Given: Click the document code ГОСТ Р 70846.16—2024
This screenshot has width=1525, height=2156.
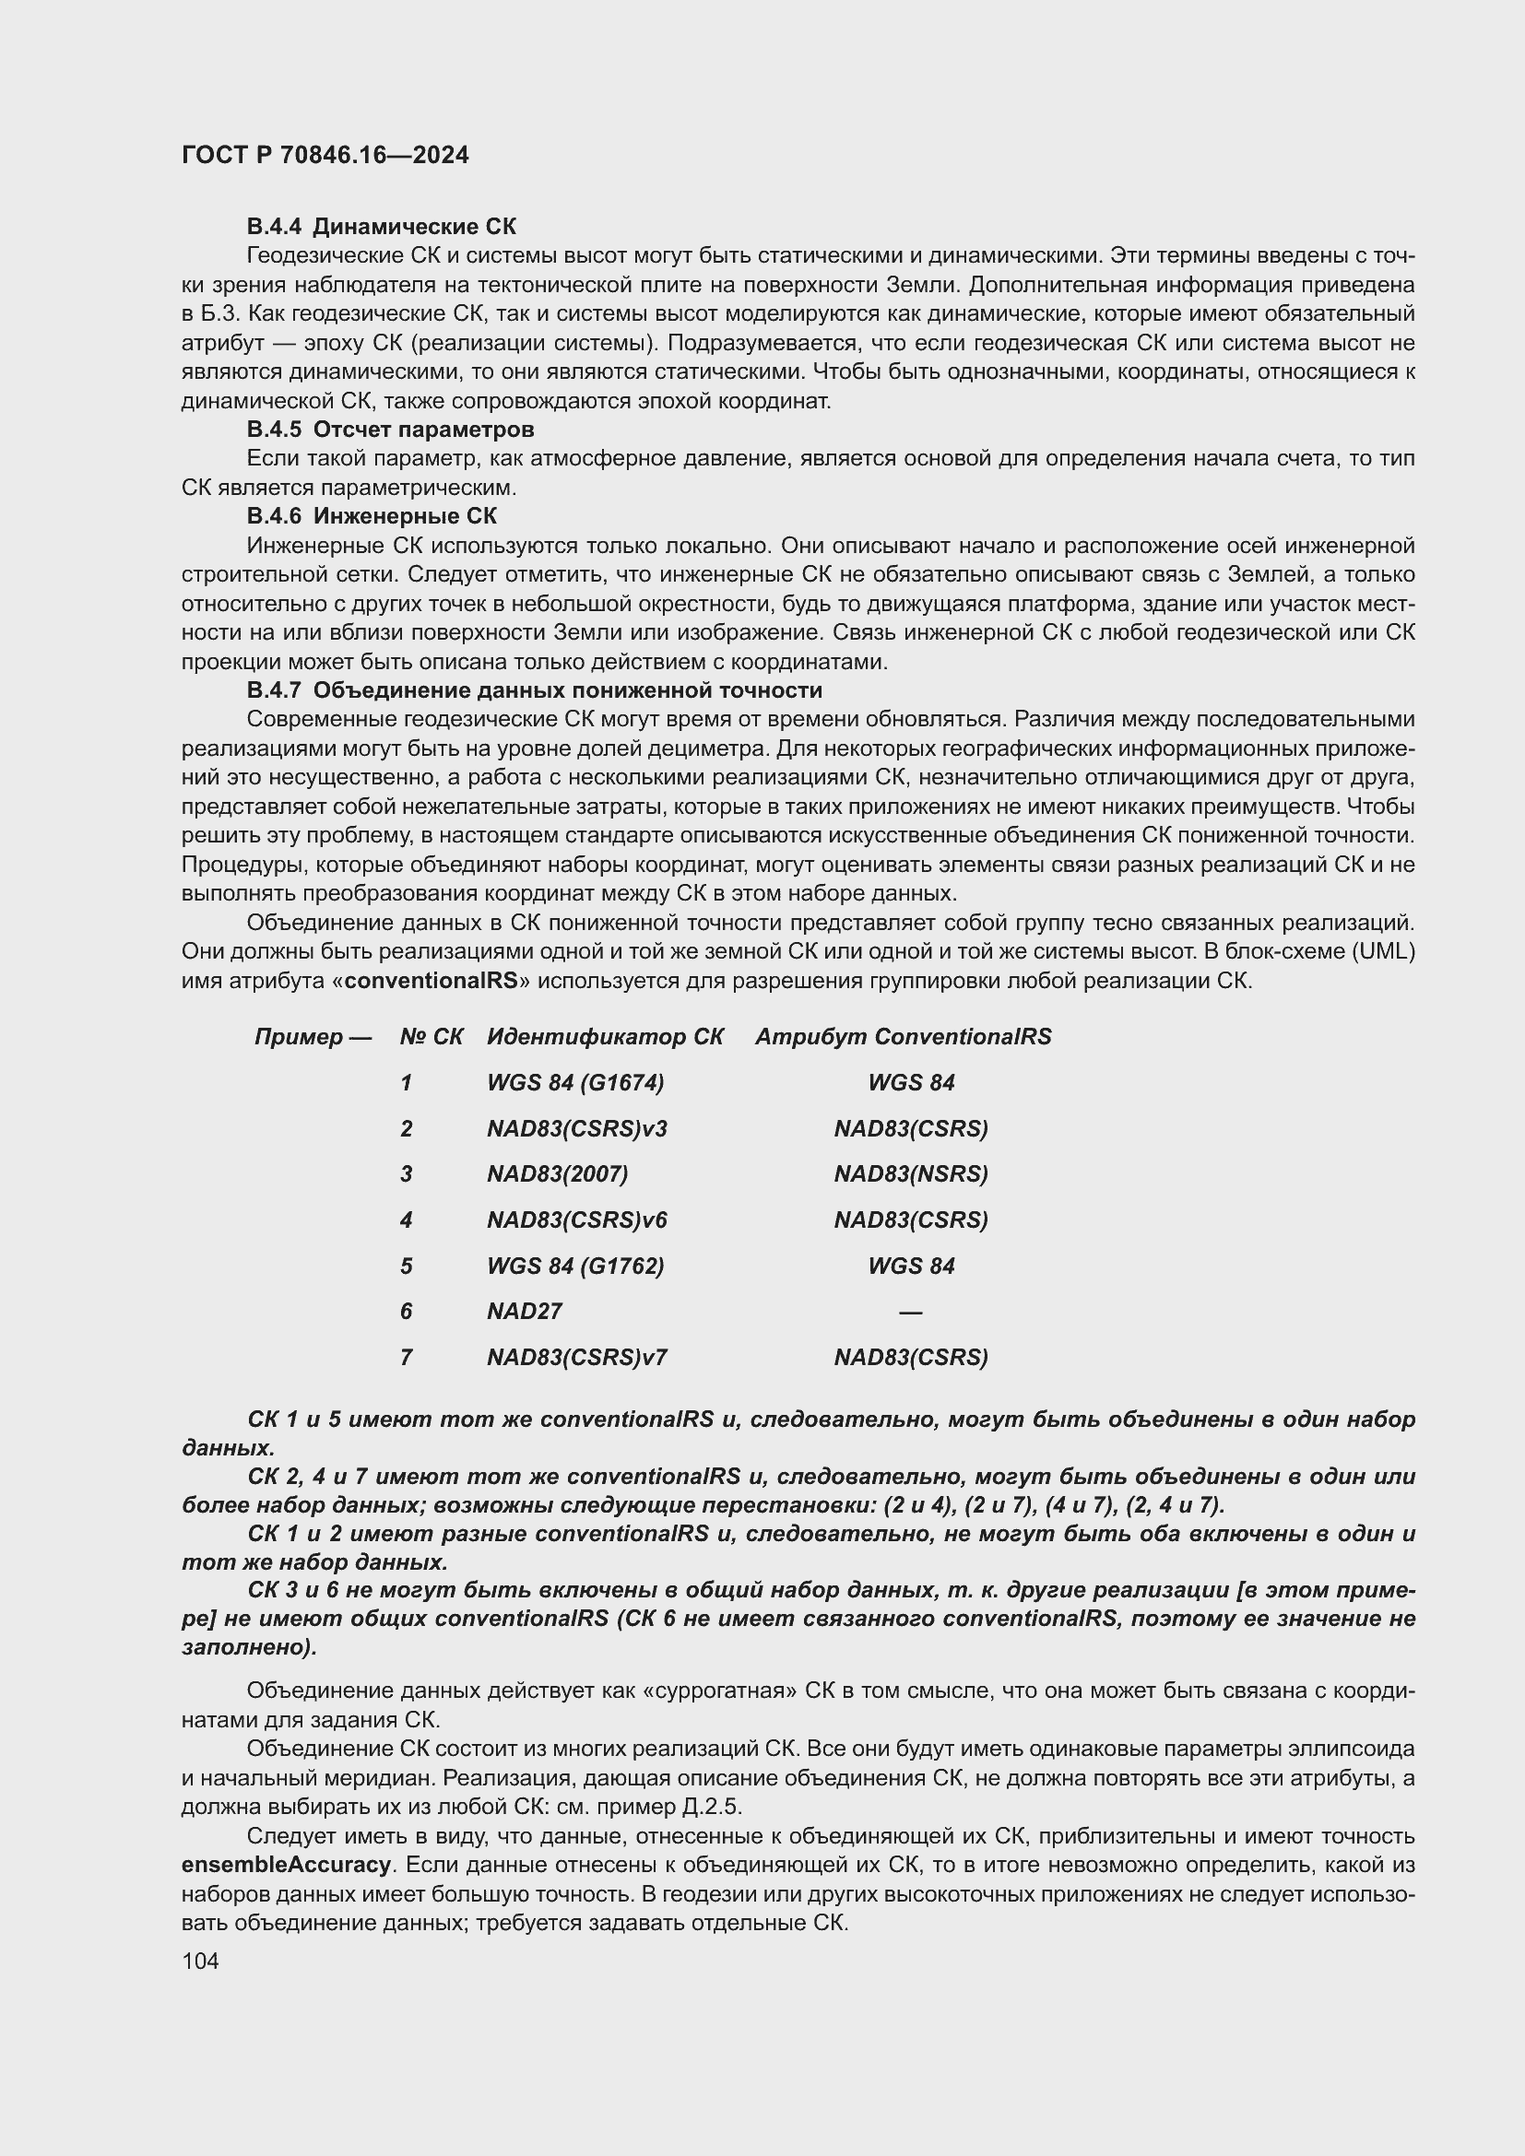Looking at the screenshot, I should [325, 156].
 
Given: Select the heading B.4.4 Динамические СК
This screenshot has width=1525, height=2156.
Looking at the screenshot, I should [382, 227].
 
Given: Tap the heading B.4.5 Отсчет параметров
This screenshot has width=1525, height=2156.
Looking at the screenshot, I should [391, 430].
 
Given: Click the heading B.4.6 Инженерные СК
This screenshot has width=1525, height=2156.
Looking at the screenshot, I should [372, 515].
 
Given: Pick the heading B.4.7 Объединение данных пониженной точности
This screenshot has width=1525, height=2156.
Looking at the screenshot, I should [535, 690].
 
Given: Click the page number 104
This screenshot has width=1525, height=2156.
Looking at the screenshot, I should [200, 1961].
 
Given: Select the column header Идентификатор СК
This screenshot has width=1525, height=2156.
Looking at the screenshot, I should [605, 1037].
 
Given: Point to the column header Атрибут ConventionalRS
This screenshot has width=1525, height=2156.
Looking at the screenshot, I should [904, 1037].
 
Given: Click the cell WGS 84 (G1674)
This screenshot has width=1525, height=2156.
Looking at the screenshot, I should [574, 1083].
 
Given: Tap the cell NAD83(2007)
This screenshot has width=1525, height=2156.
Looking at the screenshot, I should [557, 1173].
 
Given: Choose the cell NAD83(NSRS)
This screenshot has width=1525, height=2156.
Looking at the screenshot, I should [911, 1173].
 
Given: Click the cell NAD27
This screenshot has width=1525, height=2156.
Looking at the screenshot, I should [524, 1311].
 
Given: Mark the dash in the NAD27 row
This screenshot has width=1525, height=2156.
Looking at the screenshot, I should [910, 1312].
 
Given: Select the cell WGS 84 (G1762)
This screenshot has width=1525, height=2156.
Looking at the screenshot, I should [574, 1266].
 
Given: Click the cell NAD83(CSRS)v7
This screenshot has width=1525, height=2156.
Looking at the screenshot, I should [576, 1357].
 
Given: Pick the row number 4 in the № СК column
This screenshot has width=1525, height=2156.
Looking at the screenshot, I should [406, 1219].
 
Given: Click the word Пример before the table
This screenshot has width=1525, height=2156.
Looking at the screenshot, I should [299, 1037].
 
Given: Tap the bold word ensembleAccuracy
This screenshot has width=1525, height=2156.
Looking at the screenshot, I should [287, 1864].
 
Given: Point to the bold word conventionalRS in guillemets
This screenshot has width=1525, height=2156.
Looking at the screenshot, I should [431, 981].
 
